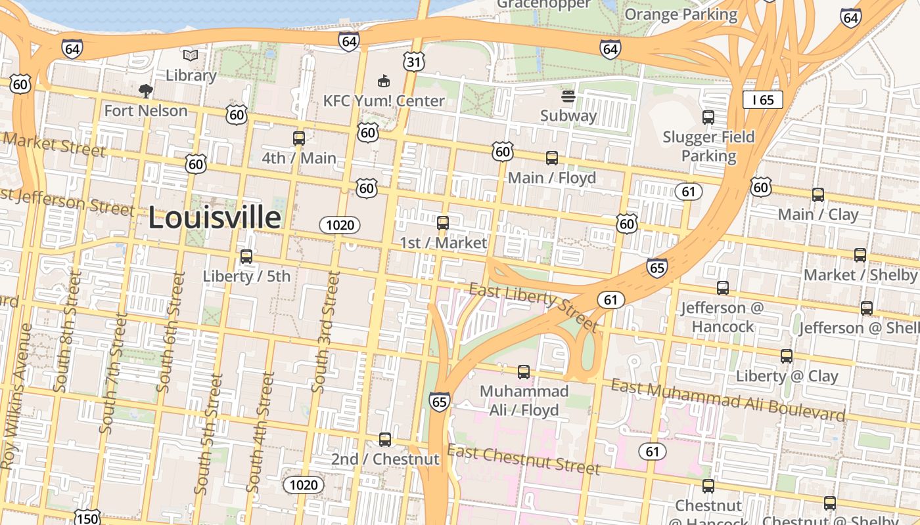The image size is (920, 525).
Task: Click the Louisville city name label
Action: (215, 218)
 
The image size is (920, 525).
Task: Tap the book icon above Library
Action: (191, 56)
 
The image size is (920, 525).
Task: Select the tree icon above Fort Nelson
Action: (146, 91)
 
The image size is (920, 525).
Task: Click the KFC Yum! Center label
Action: (384, 101)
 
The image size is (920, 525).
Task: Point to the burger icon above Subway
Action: (568, 97)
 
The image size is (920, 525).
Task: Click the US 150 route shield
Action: (86, 517)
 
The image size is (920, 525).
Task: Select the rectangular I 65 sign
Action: (763, 100)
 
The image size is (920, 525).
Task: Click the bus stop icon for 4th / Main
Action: (299, 138)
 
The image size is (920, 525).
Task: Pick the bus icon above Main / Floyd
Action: (552, 158)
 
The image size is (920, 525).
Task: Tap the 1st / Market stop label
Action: (444, 243)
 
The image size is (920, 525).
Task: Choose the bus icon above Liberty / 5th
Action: (246, 257)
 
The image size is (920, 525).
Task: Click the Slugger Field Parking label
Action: (708, 146)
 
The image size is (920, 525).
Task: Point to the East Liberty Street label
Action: (533, 306)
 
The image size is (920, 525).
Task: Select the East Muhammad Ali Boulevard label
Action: (727, 399)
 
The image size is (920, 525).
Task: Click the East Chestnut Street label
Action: (524, 459)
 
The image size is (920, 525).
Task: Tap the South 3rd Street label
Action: (326, 333)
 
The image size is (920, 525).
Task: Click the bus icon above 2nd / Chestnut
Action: (385, 439)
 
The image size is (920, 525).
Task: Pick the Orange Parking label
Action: (681, 14)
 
